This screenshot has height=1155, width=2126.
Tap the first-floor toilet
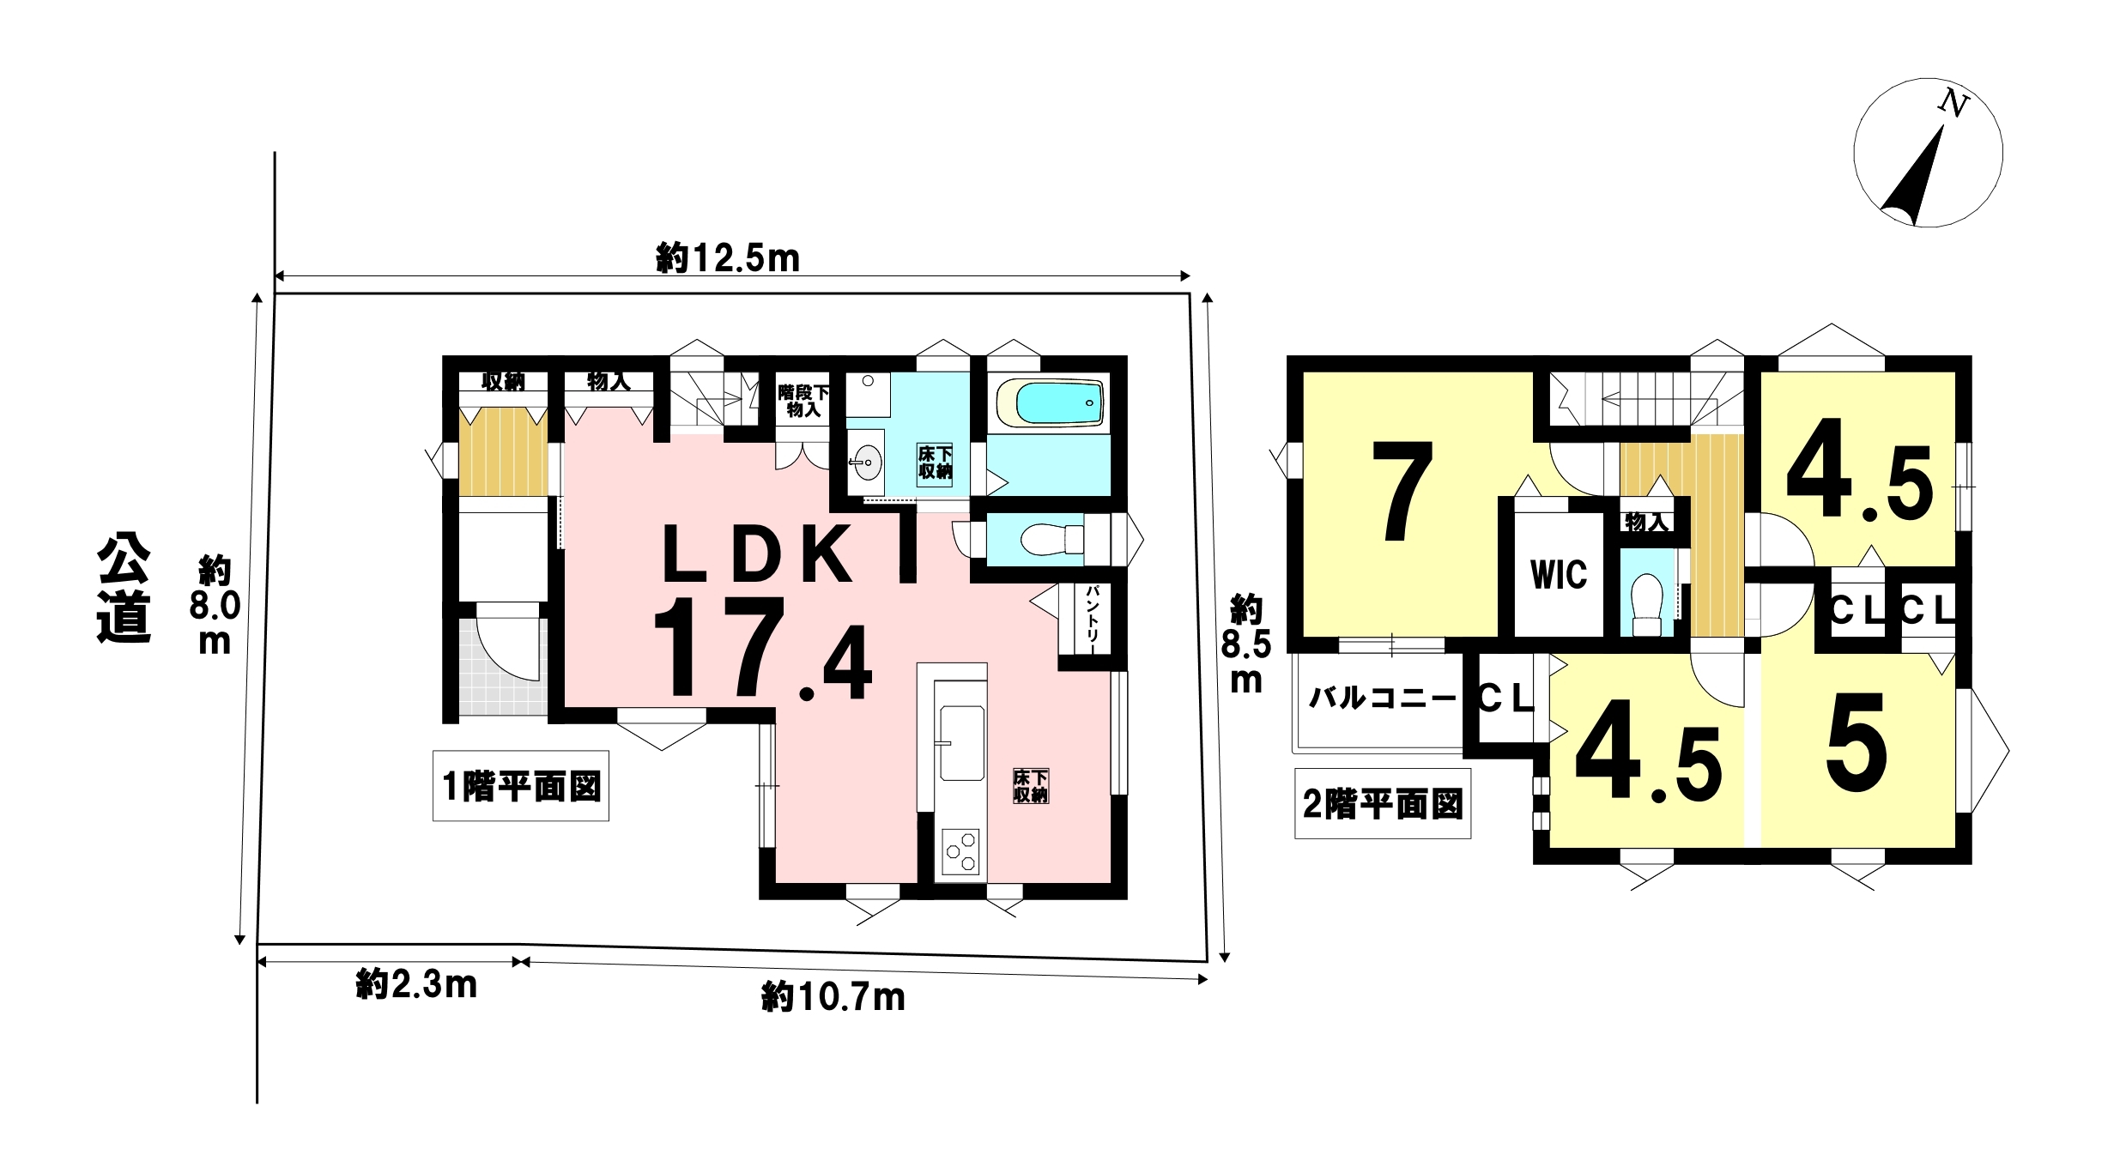coord(1052,540)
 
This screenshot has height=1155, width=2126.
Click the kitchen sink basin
coord(962,743)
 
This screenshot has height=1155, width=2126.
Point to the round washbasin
coord(867,463)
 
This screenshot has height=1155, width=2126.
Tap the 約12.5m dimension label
coord(728,257)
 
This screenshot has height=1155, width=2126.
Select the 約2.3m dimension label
coord(416,984)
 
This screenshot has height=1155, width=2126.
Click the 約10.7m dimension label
coord(833,997)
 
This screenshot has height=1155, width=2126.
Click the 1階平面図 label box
coord(521,786)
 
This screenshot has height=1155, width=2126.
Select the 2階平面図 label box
coord(1383,804)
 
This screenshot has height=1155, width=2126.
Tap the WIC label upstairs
coord(1559,574)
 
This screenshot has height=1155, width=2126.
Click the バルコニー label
coord(1382,698)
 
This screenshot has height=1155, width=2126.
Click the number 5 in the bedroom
coord(1856,742)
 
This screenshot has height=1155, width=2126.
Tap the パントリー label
coord(1093,619)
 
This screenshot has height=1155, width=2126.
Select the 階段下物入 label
coord(804,401)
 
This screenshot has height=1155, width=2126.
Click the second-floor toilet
coord(1646,604)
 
